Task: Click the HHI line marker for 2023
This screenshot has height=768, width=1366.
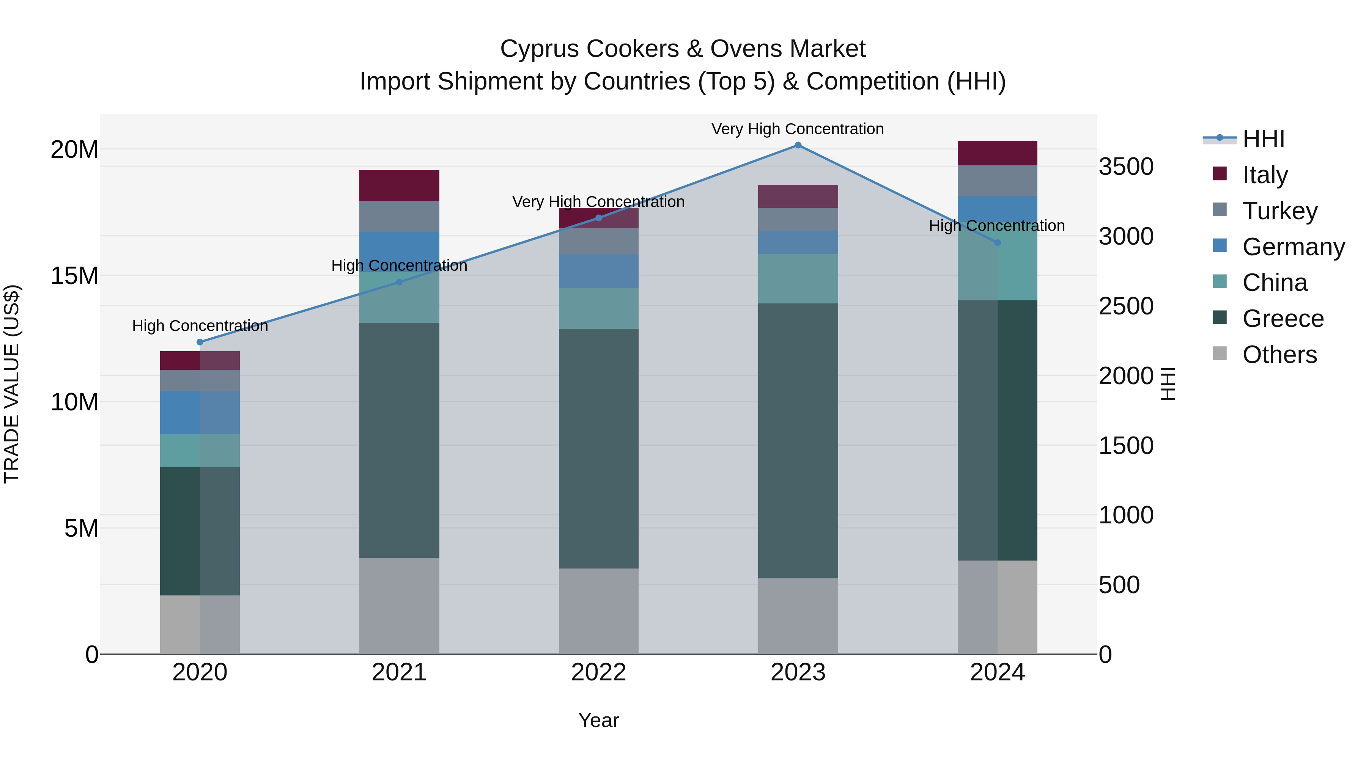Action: (x=798, y=145)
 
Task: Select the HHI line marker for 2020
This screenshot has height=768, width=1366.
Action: (x=200, y=342)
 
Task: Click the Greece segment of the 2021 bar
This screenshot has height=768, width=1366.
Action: (x=399, y=440)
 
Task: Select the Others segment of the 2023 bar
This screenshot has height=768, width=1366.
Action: (x=798, y=616)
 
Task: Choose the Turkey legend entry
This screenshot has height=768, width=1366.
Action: (x=1279, y=211)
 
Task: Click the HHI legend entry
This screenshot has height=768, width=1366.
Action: (x=1263, y=139)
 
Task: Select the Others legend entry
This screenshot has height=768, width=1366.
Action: (x=1279, y=355)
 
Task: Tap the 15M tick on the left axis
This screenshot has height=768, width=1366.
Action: (x=74, y=276)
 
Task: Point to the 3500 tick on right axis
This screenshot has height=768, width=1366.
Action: (x=1125, y=166)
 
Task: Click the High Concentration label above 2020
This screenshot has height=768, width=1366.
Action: (x=200, y=325)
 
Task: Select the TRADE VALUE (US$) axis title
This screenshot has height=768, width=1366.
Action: (x=12, y=384)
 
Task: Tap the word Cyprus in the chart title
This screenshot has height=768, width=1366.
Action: (x=535, y=49)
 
